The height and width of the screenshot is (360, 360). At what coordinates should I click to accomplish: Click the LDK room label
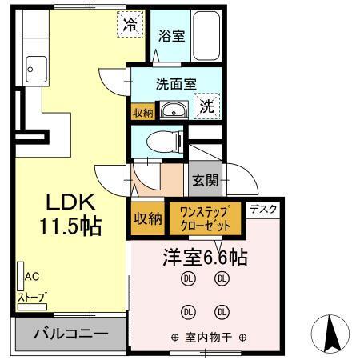tap(72, 200)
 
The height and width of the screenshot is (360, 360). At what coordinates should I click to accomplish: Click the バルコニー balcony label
tap(71, 332)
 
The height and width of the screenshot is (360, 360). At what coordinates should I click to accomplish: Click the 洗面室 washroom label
tap(177, 82)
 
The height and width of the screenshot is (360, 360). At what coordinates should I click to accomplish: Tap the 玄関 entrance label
tap(205, 180)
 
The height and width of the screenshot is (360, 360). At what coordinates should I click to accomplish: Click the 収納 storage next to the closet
tap(147, 218)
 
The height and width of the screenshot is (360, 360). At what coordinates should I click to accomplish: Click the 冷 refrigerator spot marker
tap(130, 23)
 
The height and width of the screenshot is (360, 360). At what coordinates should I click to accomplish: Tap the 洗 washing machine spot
tap(206, 104)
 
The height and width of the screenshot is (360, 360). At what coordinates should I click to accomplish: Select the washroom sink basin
tap(173, 110)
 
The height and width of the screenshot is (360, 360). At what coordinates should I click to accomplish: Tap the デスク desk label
tap(264, 210)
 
